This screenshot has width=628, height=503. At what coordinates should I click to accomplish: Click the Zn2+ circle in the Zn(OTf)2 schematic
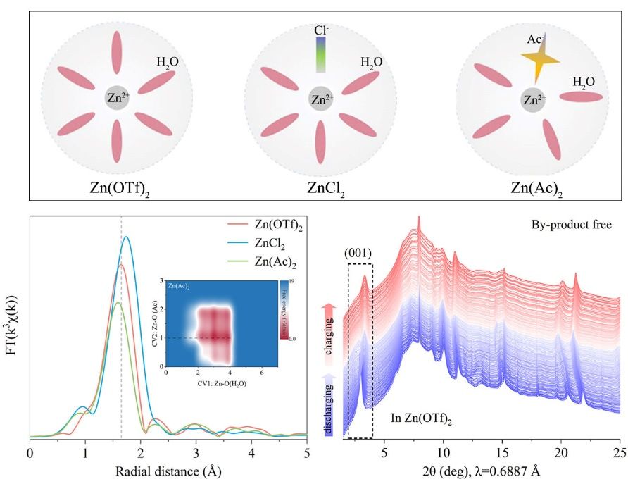click(117, 98)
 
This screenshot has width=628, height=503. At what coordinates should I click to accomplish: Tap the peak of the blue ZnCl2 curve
click(127, 237)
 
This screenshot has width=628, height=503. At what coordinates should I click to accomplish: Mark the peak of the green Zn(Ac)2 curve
click(118, 302)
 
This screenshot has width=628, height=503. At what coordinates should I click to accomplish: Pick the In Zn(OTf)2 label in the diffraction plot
click(421, 418)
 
